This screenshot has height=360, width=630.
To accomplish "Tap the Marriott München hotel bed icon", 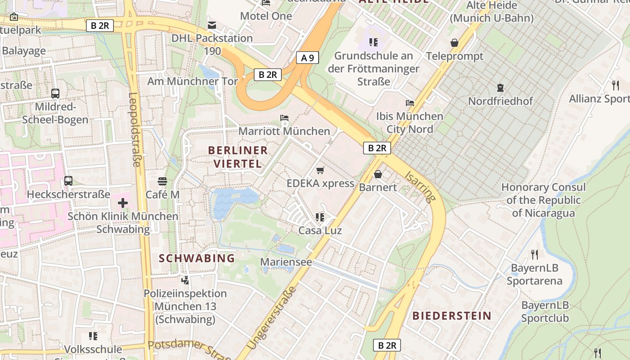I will point(284,118).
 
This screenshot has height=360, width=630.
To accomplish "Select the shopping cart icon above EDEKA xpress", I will point(320,170).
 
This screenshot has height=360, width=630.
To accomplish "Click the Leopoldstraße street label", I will point(135,130).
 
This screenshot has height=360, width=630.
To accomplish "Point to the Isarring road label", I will point(420,186).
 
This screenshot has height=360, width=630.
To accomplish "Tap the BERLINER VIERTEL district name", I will point(238,157).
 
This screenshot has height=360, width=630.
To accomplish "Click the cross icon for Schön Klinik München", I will point(122,203).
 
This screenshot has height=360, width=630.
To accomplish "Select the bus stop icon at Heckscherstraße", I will point(68,181).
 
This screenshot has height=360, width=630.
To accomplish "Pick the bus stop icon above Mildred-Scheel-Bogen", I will point(55,94).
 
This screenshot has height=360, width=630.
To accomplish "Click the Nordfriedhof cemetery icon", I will point(500,88).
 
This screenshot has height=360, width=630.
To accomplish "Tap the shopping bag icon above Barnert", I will point(378,174).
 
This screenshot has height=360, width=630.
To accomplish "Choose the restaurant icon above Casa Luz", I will point(320,217).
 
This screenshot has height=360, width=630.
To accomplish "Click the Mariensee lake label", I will point(286,261).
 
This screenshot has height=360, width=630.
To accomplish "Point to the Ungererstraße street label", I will point(272,318).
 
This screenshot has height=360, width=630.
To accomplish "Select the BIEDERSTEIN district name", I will point(452,315).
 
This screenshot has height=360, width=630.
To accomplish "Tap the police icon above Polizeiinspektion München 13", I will point(185,280).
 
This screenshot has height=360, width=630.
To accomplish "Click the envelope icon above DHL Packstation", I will point(211,25).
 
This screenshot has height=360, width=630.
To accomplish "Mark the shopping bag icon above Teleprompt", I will point(454,43).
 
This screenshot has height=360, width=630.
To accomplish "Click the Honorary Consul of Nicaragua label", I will point(543,200).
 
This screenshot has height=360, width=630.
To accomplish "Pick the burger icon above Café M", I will point(162,181).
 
